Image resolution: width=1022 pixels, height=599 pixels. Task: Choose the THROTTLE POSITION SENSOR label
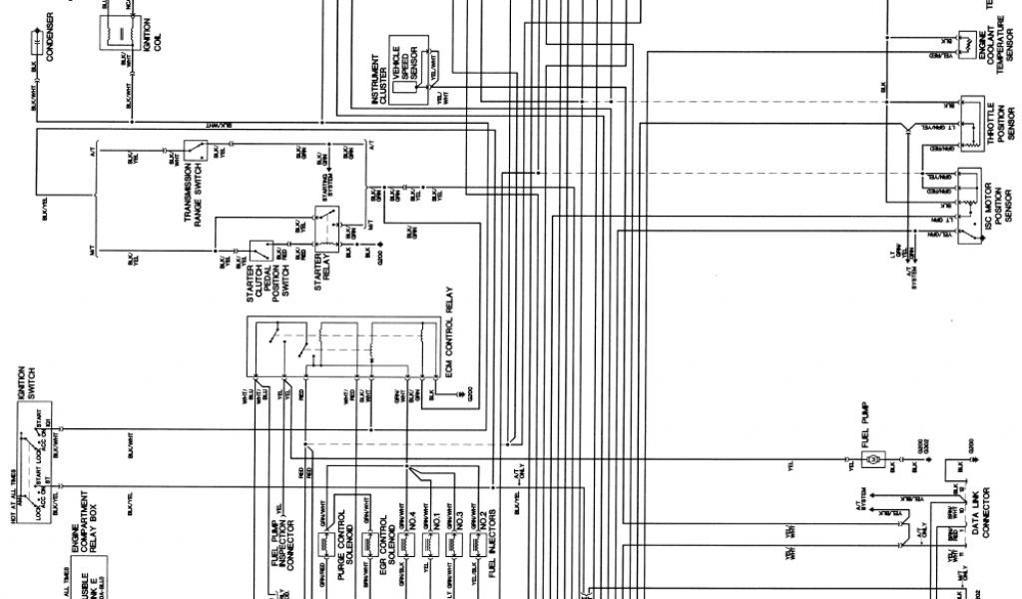coord(998,130)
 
